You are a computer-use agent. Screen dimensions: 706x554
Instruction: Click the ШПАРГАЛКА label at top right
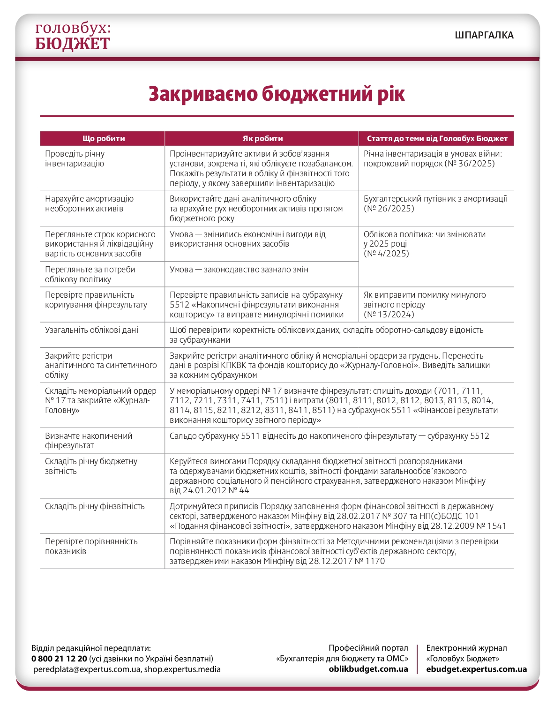(484, 35)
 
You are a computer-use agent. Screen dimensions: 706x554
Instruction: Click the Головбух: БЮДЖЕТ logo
(73, 37)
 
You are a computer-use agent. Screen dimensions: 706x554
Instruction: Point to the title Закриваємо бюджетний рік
(277, 94)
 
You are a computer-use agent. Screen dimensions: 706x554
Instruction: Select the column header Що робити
(104, 139)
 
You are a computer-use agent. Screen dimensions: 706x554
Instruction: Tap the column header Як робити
(262, 139)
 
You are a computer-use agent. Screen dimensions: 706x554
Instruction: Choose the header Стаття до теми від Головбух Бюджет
(437, 139)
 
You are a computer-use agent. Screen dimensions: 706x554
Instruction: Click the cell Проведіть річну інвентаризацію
(75, 159)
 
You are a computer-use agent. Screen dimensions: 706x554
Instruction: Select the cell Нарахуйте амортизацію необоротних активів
(89, 203)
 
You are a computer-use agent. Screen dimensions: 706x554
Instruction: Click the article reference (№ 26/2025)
(389, 209)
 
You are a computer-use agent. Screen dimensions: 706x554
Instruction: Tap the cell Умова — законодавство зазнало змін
(239, 270)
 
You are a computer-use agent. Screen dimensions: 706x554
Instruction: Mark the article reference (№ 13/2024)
(389, 315)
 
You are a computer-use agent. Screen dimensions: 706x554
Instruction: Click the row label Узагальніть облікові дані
(91, 330)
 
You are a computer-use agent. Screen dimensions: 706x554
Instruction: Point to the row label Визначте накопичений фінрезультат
(89, 441)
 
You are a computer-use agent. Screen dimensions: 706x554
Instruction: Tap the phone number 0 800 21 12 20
(59, 659)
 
